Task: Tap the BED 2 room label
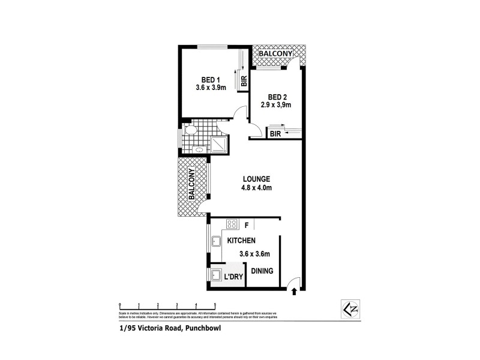(x=275, y=97)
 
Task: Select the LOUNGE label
(x=256, y=179)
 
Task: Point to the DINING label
(x=262, y=271)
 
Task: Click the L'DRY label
(x=233, y=278)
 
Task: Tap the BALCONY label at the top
(x=275, y=54)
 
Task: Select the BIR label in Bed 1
(x=244, y=81)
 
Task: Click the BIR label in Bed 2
(x=276, y=134)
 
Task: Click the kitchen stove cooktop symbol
(x=231, y=224)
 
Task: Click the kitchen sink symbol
(x=216, y=242)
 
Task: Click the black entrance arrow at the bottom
(x=294, y=292)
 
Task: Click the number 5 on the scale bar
(x=214, y=305)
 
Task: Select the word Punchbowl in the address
(x=205, y=328)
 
